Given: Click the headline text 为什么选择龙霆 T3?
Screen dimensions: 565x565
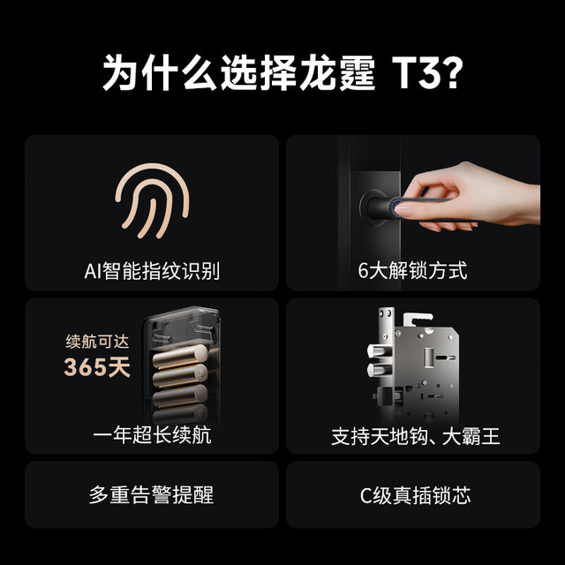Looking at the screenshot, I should pos(282,72).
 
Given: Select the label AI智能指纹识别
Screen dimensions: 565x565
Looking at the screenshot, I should pos(151,271).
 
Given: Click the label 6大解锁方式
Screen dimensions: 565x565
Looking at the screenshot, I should pos(412,271).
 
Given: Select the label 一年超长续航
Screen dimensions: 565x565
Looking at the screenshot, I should pos(151,435).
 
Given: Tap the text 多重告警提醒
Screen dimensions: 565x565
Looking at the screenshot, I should pos(151,495).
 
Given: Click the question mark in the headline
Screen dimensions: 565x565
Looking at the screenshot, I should pos(451,73).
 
